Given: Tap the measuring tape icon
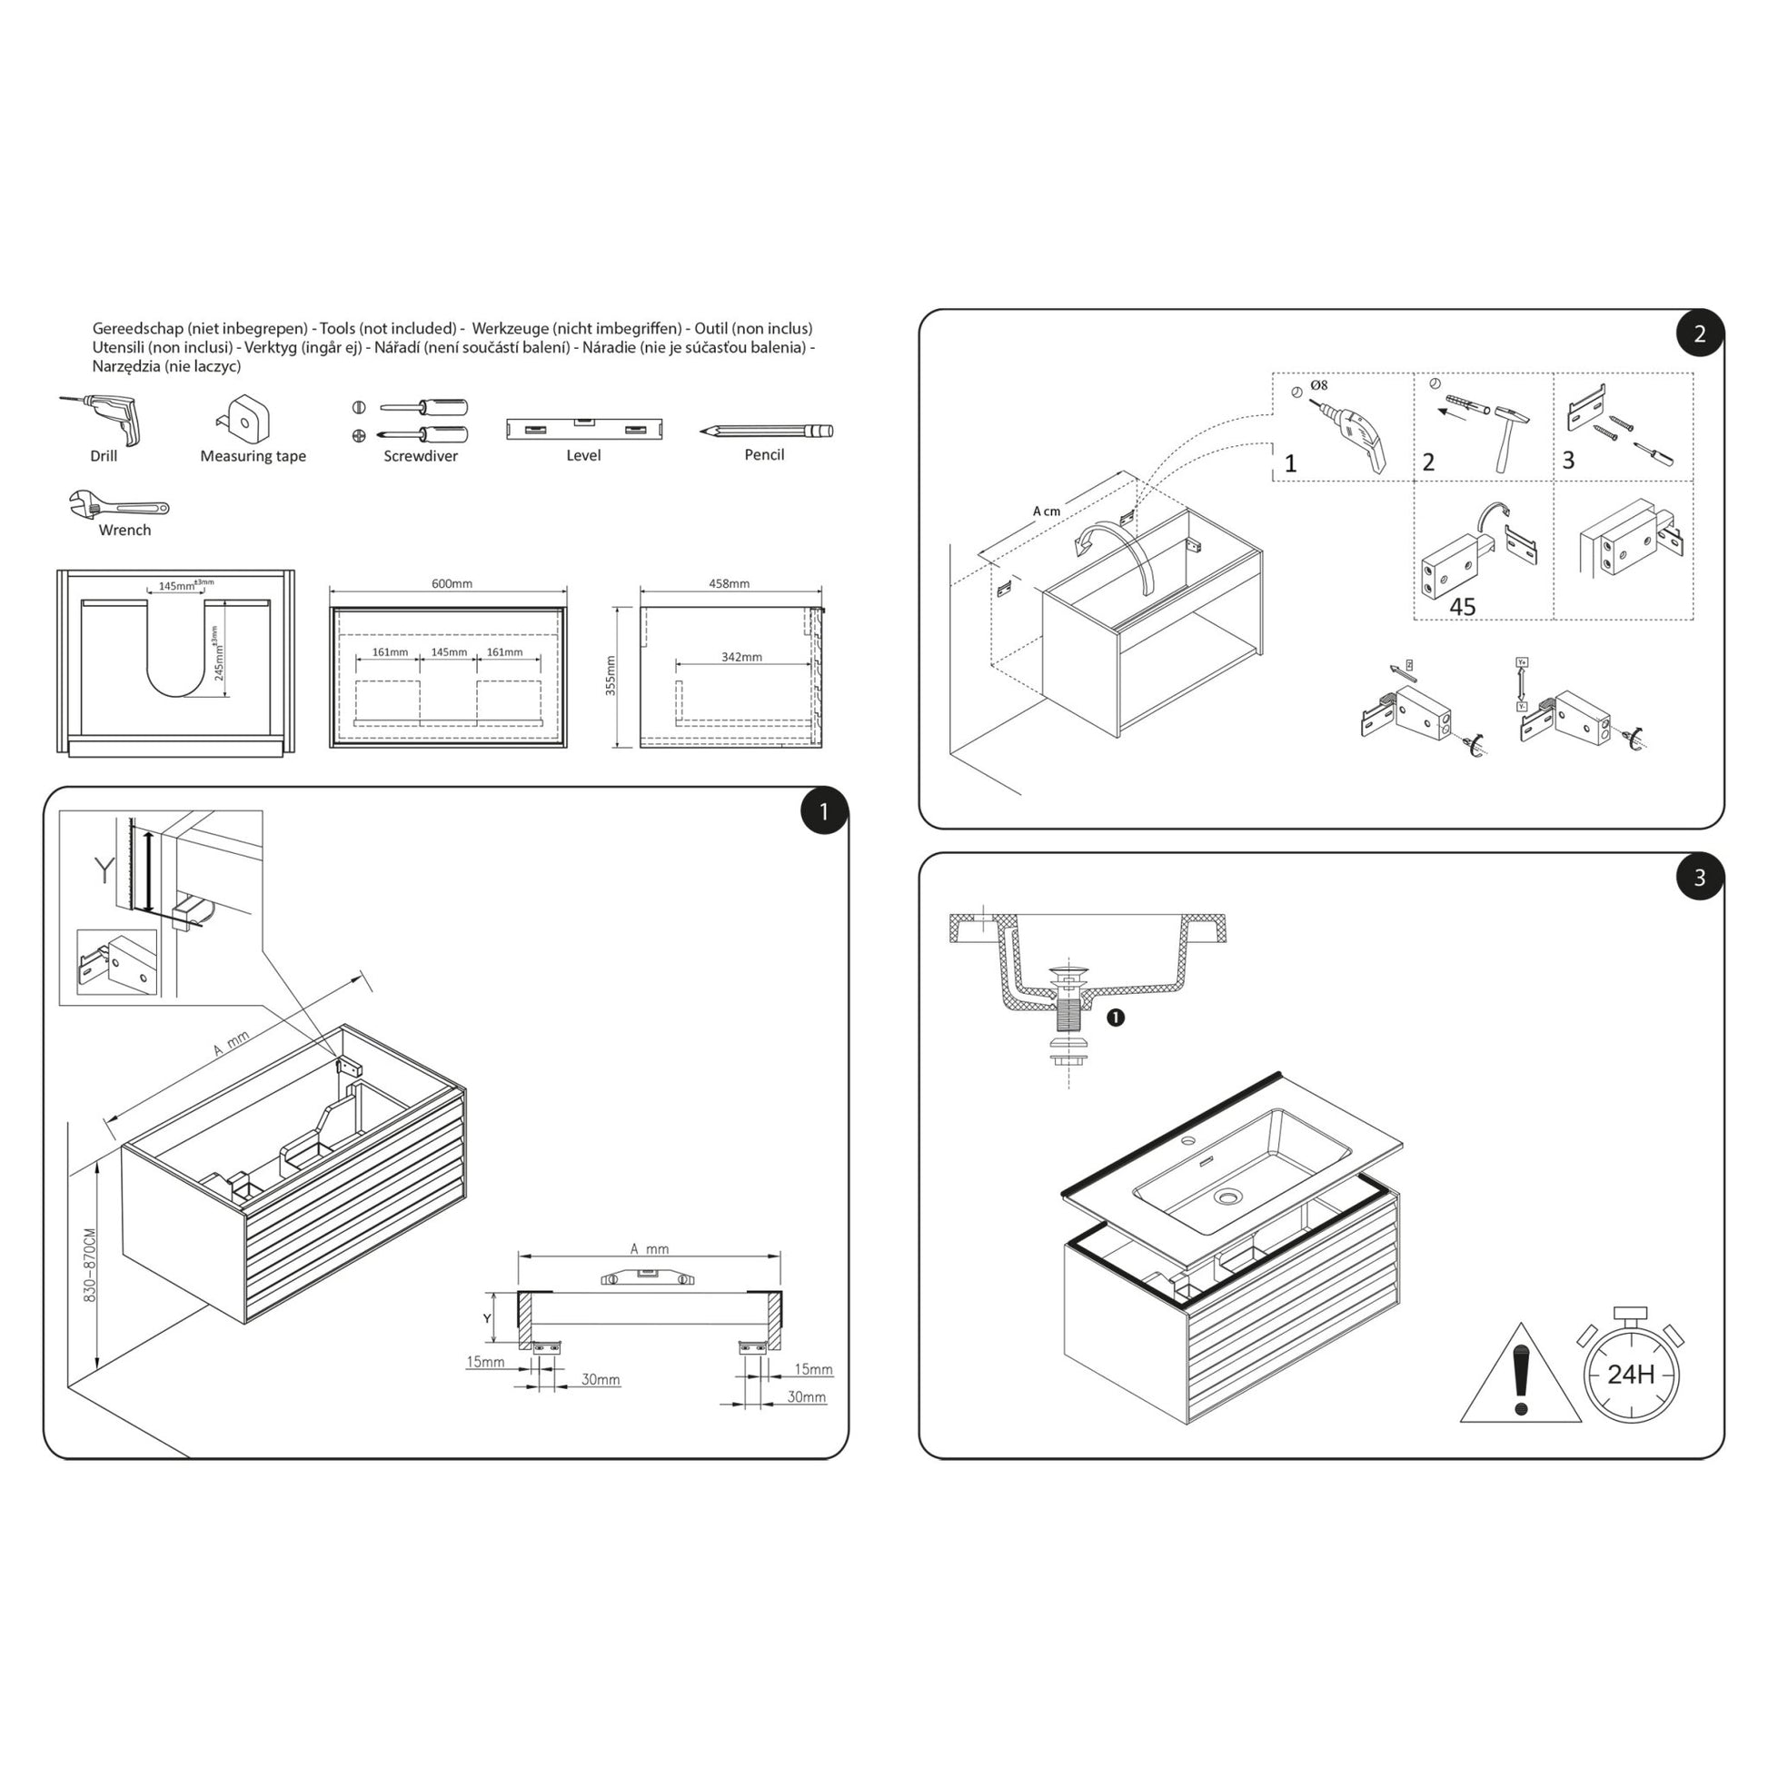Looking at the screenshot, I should [245, 418].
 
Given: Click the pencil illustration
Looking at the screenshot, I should [767, 430].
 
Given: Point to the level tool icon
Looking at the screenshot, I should [584, 428].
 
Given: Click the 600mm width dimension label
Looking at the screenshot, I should [452, 584].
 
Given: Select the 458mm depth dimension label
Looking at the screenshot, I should [730, 584].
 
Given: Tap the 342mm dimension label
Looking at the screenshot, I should [741, 657].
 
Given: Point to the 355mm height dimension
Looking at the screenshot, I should [611, 675].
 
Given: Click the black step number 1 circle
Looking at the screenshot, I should [824, 811].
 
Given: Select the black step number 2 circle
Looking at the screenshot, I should [1699, 334].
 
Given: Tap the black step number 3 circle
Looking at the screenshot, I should [1699, 878].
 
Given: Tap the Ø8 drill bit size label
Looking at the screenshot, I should [1318, 385].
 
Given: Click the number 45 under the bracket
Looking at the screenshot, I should [1463, 607].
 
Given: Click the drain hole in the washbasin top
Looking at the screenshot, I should [1227, 1196].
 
